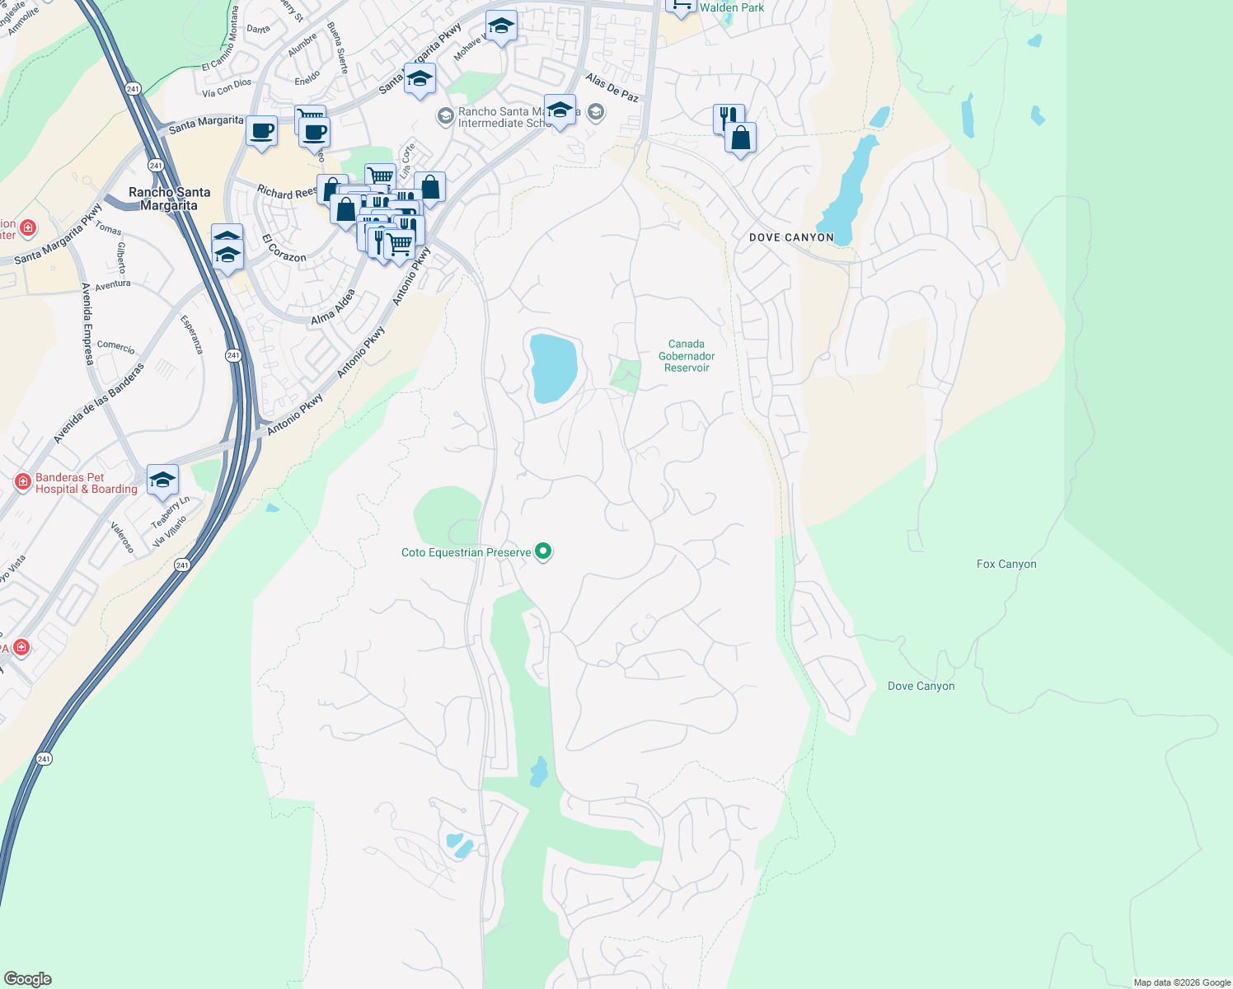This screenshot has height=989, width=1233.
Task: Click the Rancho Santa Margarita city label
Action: click(x=169, y=199)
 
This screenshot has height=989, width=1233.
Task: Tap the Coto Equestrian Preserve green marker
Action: click(x=543, y=551)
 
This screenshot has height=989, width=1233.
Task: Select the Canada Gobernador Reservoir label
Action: click(x=687, y=356)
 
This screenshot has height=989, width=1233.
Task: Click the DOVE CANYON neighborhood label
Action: click(x=791, y=237)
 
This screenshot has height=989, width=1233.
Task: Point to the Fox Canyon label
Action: click(x=1006, y=565)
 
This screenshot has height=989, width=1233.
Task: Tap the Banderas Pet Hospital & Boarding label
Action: click(x=86, y=484)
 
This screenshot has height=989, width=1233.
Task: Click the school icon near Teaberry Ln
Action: click(x=162, y=480)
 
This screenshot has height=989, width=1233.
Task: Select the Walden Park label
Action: click(x=732, y=7)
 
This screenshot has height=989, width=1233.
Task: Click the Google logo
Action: click(x=27, y=979)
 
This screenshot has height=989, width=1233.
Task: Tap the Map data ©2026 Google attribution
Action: click(x=1182, y=982)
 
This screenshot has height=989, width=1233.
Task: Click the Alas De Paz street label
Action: click(x=612, y=87)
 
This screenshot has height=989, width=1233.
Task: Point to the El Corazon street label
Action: click(x=284, y=249)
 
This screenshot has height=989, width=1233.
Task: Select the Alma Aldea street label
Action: click(x=333, y=307)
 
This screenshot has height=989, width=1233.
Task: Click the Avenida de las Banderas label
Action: click(x=99, y=403)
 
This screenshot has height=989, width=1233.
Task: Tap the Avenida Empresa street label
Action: click(x=87, y=324)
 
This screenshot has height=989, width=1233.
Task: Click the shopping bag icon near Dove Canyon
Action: click(x=741, y=138)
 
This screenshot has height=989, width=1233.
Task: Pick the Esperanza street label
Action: click(x=191, y=334)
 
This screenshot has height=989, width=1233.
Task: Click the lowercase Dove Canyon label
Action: click(x=921, y=687)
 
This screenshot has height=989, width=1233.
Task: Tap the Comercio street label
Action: click(x=115, y=347)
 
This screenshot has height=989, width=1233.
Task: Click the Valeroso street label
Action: click(x=122, y=537)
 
